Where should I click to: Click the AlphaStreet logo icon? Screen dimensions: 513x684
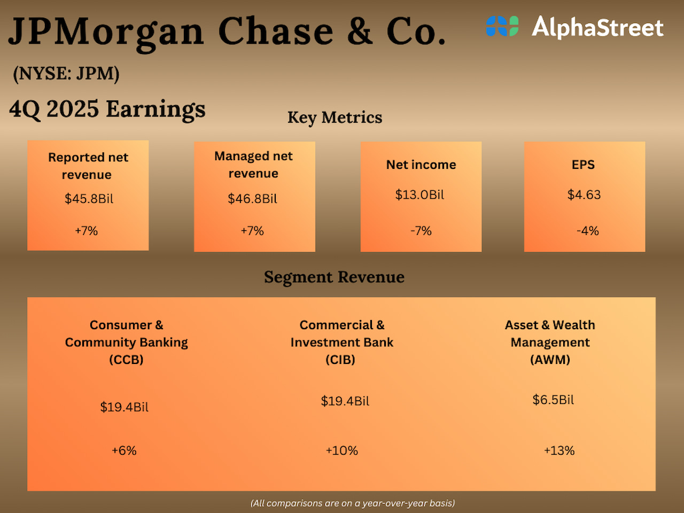(x=502, y=26)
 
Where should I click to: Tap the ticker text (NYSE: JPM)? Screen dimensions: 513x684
(x=66, y=73)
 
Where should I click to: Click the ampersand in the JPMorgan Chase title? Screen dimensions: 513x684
(x=360, y=31)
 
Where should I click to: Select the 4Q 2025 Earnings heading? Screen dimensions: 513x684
(x=107, y=109)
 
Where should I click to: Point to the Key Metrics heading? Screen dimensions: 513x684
(x=335, y=118)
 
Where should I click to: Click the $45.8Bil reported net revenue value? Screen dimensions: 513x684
(x=89, y=199)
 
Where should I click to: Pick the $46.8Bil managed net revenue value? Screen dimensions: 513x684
(x=252, y=199)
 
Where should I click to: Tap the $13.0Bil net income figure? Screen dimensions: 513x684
(x=419, y=195)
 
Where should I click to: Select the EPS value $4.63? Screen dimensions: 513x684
(x=584, y=195)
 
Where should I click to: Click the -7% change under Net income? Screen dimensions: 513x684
(x=421, y=231)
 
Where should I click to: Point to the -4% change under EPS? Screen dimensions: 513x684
(x=587, y=231)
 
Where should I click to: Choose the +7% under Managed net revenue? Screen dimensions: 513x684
(x=252, y=231)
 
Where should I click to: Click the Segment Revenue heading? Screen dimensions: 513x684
(x=334, y=277)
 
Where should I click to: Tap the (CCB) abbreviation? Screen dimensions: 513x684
(x=126, y=360)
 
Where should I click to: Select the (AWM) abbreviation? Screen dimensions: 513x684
(x=550, y=360)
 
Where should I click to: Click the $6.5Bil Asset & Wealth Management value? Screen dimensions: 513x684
(x=553, y=400)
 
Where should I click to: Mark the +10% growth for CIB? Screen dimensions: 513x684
(x=341, y=450)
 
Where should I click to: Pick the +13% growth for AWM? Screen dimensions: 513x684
(x=559, y=450)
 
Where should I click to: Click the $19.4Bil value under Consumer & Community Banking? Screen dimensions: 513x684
(x=124, y=407)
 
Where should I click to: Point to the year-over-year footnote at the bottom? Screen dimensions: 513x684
(x=353, y=503)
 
